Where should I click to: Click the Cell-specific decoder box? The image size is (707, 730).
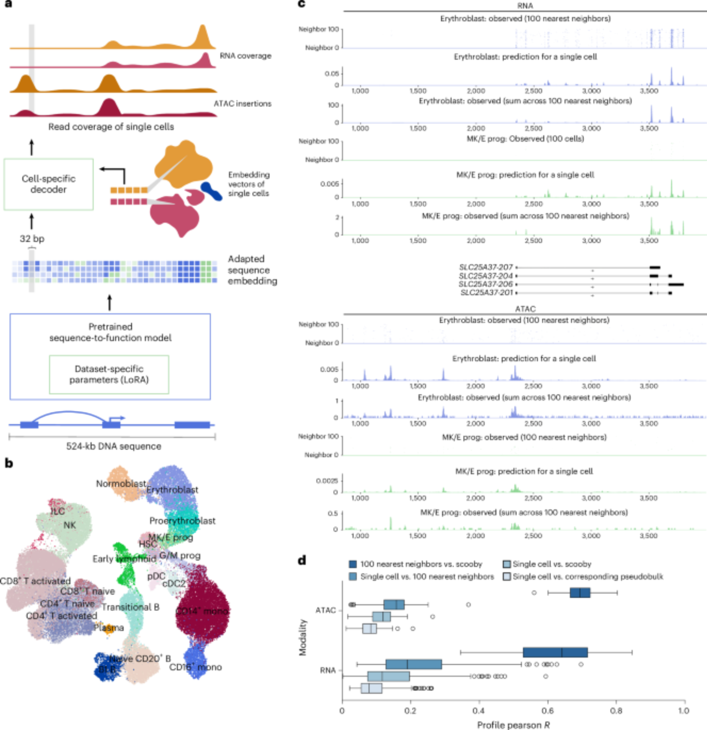[49, 184]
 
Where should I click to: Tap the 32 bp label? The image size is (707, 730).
[32, 239]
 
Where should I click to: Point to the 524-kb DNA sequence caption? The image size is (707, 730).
[113, 446]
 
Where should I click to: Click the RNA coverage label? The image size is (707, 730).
[246, 56]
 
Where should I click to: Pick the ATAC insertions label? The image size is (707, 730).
[242, 104]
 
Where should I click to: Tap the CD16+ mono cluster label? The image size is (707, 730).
[196, 667]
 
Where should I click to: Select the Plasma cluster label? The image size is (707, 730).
[108, 627]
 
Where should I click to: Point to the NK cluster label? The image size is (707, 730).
[70, 525]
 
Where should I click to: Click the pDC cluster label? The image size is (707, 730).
[156, 576]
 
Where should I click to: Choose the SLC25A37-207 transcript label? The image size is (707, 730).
[486, 267]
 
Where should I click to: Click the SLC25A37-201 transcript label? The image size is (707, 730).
[487, 293]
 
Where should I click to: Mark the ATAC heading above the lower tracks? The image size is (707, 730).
[525, 309]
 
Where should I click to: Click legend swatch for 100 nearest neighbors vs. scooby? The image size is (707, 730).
[353, 564]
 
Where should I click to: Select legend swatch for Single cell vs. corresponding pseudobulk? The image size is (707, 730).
[506, 577]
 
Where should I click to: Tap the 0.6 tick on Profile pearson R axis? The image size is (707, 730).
[548, 711]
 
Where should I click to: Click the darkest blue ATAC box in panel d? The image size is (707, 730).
[580, 592]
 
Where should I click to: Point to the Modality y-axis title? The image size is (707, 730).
[302, 637]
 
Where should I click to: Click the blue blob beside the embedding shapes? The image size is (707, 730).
[211, 191]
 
